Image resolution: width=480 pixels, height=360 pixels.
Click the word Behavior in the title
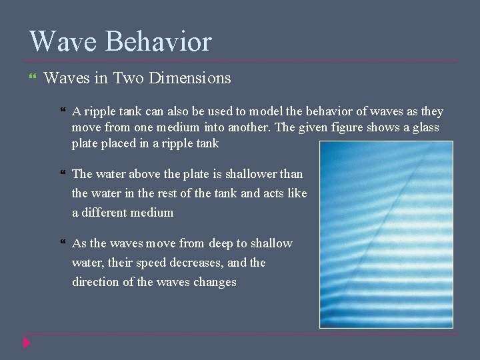158,41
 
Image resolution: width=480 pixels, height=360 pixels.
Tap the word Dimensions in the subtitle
190,79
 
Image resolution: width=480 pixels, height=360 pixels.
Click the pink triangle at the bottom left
27,343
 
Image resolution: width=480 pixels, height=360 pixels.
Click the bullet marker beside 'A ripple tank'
63,111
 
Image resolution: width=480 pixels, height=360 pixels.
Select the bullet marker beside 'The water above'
63,173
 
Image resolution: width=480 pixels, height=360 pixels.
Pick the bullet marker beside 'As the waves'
63,243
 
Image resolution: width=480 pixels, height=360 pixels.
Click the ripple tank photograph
386,234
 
